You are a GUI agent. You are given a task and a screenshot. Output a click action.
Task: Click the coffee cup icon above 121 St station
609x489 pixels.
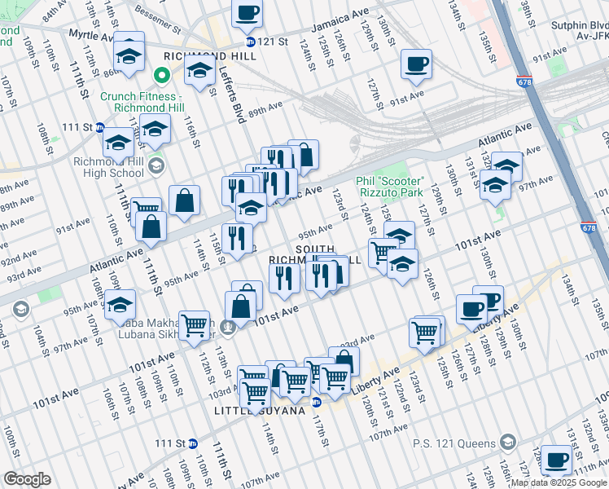pos(248,13)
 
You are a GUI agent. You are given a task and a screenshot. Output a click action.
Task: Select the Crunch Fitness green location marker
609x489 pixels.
pos(162,77)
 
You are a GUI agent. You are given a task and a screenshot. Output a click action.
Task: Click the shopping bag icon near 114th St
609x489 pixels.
pos(185,201)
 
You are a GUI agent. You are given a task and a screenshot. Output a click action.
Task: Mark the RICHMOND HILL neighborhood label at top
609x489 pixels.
pos(199,56)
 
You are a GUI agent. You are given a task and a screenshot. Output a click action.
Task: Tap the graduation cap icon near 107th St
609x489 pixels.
pos(120,305)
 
